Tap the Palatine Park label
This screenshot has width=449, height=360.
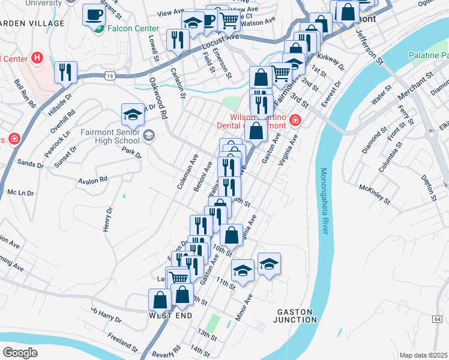pos(428,55)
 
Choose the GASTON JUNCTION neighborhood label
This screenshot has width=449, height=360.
pos(297,316)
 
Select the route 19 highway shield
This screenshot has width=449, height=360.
pos(109,76)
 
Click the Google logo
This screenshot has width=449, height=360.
pos(20,352)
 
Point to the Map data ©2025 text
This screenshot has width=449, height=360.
pos(423,355)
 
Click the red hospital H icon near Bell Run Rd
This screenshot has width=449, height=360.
pos(38,58)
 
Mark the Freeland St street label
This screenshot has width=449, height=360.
pos(123,343)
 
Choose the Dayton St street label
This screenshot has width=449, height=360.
pos(427,187)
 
